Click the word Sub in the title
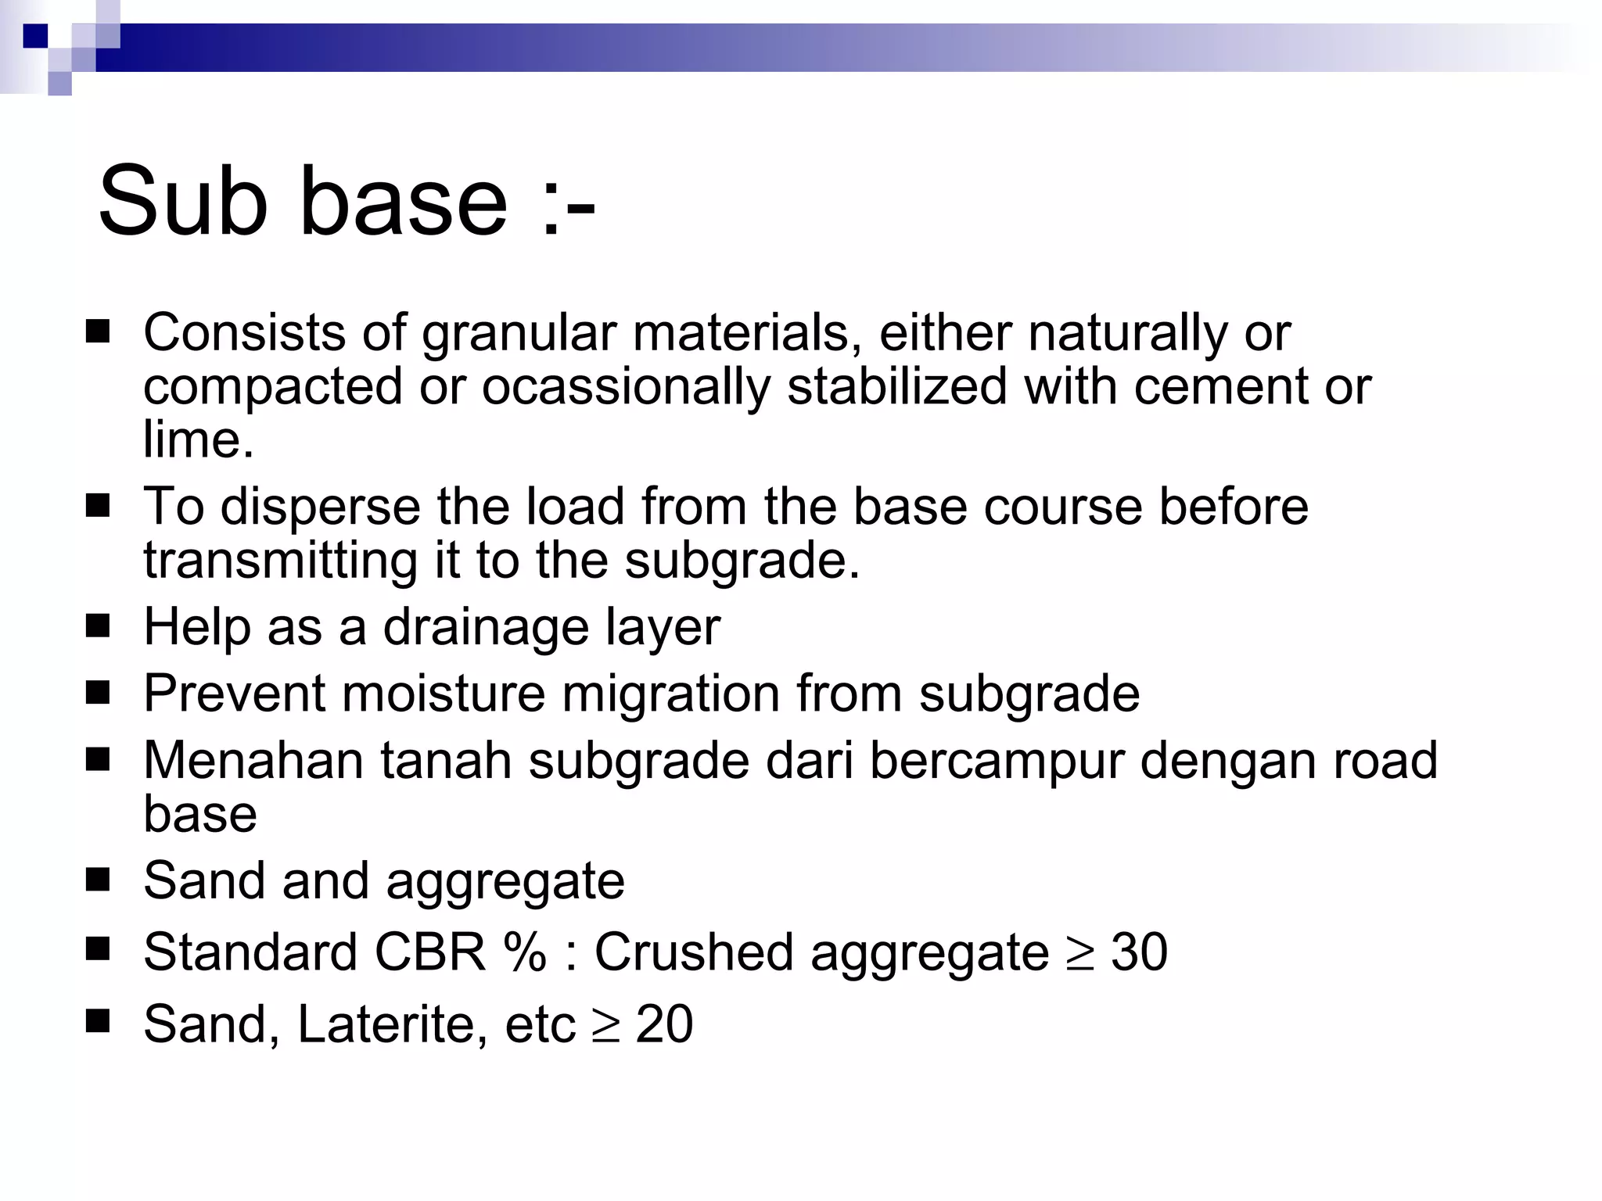[182, 201]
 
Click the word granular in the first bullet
[519, 334]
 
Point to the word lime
[198, 439]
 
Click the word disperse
[321, 507]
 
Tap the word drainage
[486, 628]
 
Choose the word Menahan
[253, 760]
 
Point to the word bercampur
[997, 760]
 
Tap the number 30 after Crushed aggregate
[1139, 952]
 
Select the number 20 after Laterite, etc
[664, 1024]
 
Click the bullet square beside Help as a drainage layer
[99, 626]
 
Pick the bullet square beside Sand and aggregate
[99, 880]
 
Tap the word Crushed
[694, 952]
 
